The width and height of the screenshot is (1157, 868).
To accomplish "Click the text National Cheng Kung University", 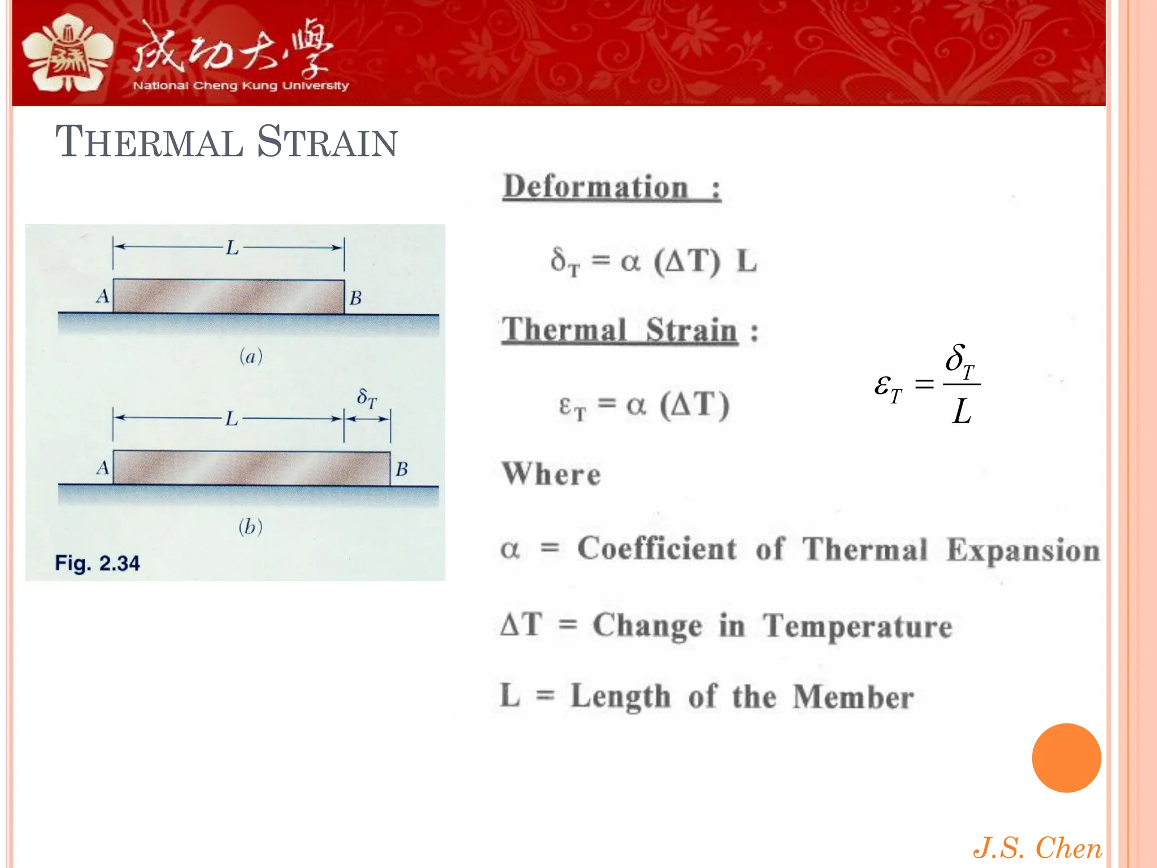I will point(241,86).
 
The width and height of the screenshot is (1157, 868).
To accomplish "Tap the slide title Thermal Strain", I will point(227,141).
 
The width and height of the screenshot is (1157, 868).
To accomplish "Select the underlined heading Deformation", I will point(596,187).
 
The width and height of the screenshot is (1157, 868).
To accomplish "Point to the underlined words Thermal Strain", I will point(620,330).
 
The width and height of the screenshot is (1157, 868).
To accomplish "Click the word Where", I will point(551,474).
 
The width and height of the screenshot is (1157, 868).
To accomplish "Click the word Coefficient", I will point(657,549).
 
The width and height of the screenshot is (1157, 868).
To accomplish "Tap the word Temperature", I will point(858,626).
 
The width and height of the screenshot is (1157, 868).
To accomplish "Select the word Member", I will point(853,697).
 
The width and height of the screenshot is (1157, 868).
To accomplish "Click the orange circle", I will point(1066,758).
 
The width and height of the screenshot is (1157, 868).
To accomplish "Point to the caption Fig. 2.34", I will point(97,563).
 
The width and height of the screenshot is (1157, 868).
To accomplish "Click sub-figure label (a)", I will point(251,357).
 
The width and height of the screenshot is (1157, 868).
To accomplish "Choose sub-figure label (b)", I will point(250,527).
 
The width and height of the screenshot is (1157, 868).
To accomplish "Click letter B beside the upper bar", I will point(355,298).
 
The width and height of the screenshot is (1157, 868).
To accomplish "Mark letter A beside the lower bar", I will point(102,468).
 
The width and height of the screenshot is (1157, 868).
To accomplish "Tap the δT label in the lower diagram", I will point(367,398).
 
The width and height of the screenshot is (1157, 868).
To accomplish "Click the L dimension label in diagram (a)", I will point(232,248).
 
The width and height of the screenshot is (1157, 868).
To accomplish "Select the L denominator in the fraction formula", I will point(962,411).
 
